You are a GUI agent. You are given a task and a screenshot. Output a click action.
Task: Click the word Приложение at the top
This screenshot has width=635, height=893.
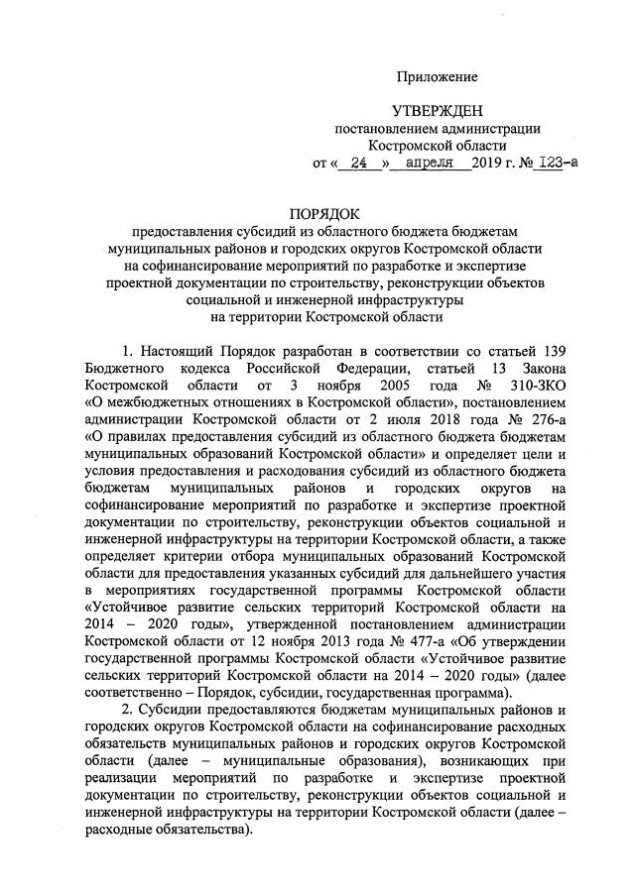[438, 76]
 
